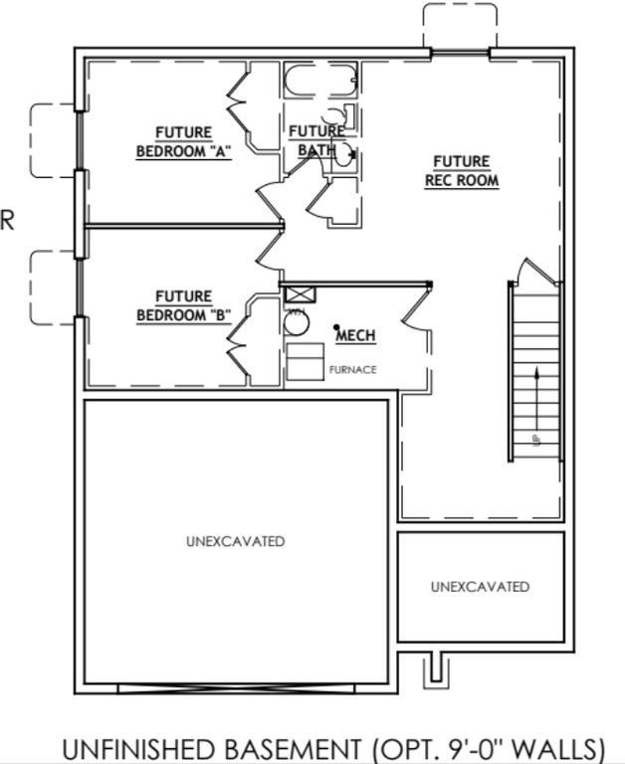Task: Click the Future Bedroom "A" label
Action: tap(183, 142)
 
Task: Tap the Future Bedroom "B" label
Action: tap(183, 305)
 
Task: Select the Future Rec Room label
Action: tap(461, 171)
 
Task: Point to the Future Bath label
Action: tap(316, 140)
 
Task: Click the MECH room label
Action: tap(355, 336)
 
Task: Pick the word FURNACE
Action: tap(353, 370)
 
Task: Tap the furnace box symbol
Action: tap(305, 361)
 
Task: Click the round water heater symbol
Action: tap(297, 322)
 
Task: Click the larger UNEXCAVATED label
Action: tap(235, 542)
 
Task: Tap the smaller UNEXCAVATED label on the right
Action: tap(480, 587)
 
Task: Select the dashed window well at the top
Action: tap(459, 25)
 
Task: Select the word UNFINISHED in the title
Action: tap(131, 748)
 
